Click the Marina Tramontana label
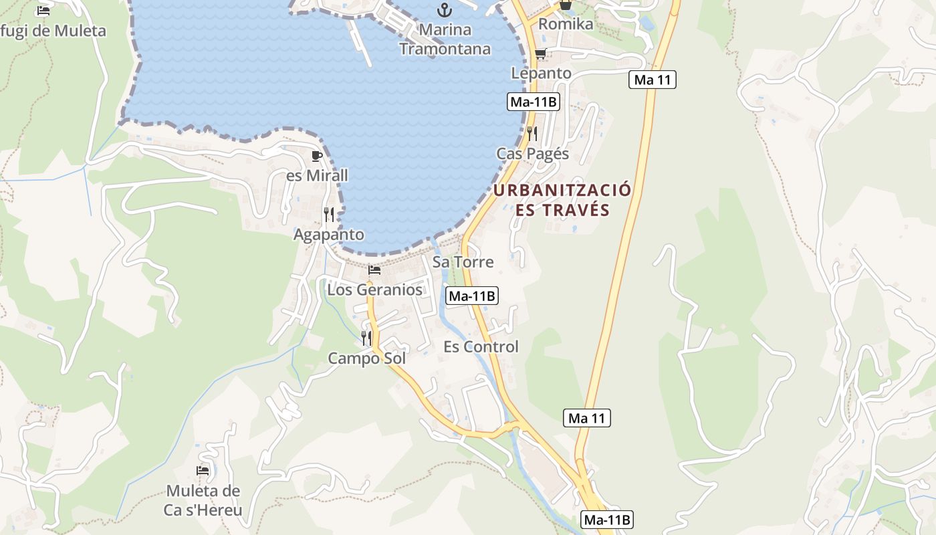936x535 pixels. [445, 39]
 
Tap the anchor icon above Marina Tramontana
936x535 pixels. [444, 10]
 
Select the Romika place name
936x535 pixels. [566, 24]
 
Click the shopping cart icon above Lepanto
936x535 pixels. [540, 54]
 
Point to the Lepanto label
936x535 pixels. [541, 73]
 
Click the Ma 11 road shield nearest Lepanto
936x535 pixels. [653, 80]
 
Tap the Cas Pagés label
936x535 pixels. [532, 154]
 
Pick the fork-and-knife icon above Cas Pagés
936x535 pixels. [532, 134]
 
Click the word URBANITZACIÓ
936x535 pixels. [562, 190]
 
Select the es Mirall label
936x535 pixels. [317, 176]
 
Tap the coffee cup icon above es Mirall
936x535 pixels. [317, 156]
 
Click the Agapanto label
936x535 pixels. [329, 235]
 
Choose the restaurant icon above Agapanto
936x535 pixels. [329, 215]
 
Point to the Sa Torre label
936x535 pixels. [463, 262]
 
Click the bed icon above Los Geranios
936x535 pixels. [374, 271]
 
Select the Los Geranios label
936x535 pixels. [374, 290]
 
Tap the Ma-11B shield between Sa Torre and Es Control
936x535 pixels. [472, 296]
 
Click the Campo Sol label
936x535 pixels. [366, 358]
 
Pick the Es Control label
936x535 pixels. [481, 346]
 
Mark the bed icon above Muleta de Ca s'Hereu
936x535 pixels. [203, 471]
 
